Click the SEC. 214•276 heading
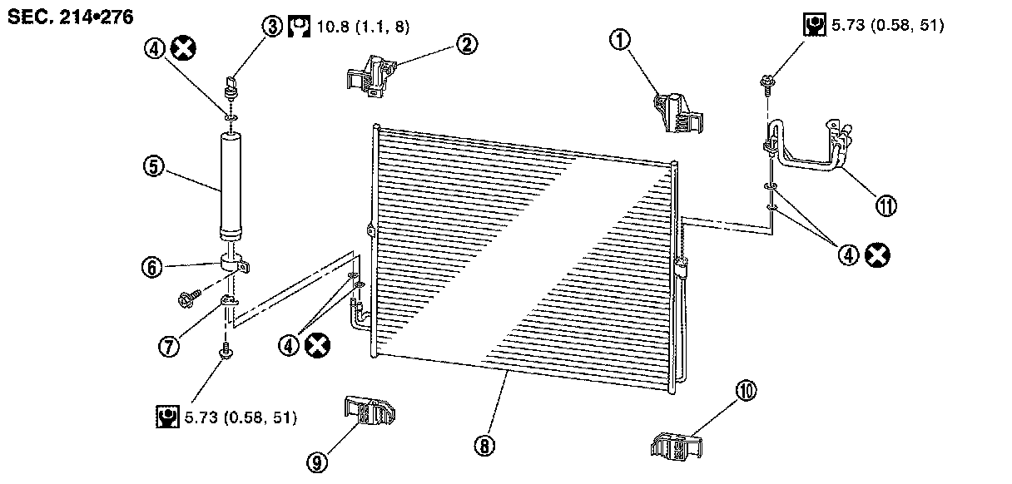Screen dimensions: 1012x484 tap(70, 17)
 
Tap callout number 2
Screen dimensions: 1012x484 tap(467, 45)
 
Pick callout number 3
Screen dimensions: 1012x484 tap(273, 26)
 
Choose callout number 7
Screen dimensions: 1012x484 tap(170, 348)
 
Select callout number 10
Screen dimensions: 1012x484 tap(745, 389)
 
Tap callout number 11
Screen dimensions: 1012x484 tap(887, 205)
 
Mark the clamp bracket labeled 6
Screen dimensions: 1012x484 tap(235, 264)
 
